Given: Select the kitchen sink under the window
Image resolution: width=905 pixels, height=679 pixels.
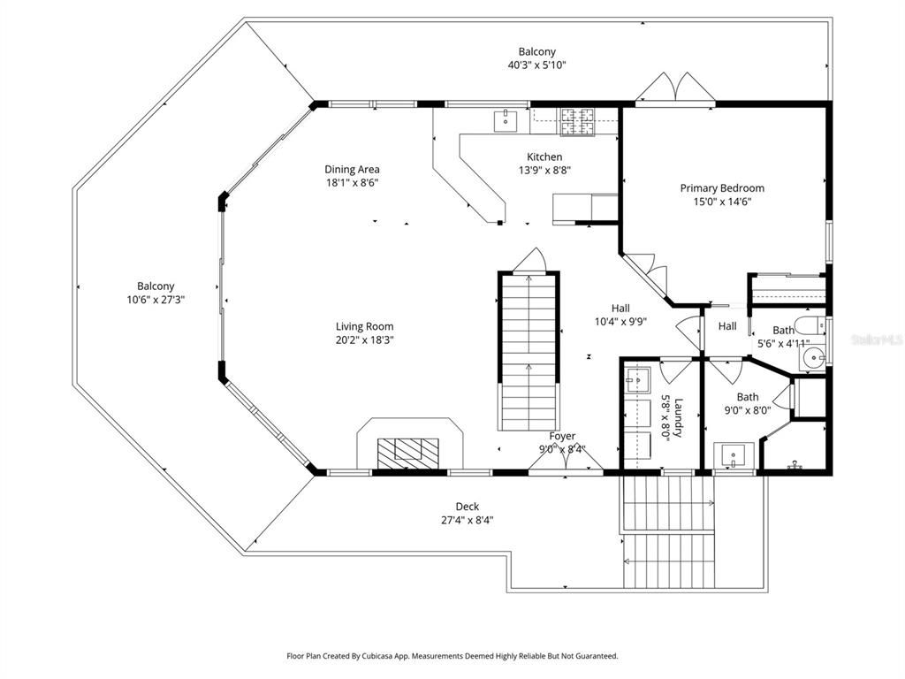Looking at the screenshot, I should [506, 118].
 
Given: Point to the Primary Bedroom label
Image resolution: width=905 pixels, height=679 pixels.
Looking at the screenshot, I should [722, 187].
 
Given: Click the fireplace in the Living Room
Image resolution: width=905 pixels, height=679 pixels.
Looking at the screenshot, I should [408, 452].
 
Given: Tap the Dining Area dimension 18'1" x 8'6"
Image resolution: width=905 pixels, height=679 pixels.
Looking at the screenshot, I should [352, 183].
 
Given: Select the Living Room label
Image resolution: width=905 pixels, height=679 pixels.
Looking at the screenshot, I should [364, 326].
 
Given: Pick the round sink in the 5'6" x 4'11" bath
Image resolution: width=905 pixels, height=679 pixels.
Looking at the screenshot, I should [813, 358].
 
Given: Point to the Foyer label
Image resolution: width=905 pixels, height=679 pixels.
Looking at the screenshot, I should [562, 436].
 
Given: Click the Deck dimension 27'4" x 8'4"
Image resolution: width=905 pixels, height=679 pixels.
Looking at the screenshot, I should [468, 520].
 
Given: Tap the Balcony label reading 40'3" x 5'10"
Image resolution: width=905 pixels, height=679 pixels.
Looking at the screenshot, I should [536, 65].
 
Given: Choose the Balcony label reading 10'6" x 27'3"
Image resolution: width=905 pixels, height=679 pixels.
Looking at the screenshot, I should [156, 300].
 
